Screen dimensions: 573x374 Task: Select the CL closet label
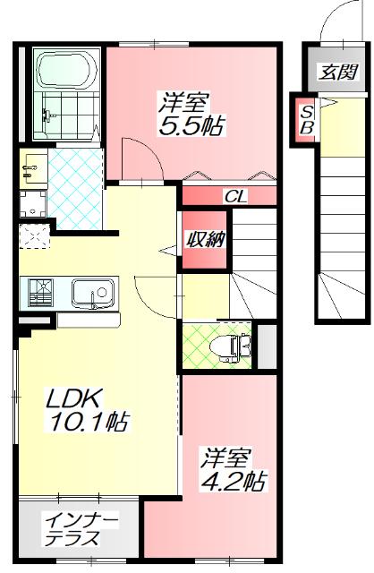click(236, 196)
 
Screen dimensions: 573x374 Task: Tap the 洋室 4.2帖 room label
click(231, 469)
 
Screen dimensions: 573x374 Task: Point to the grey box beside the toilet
click(266, 346)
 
